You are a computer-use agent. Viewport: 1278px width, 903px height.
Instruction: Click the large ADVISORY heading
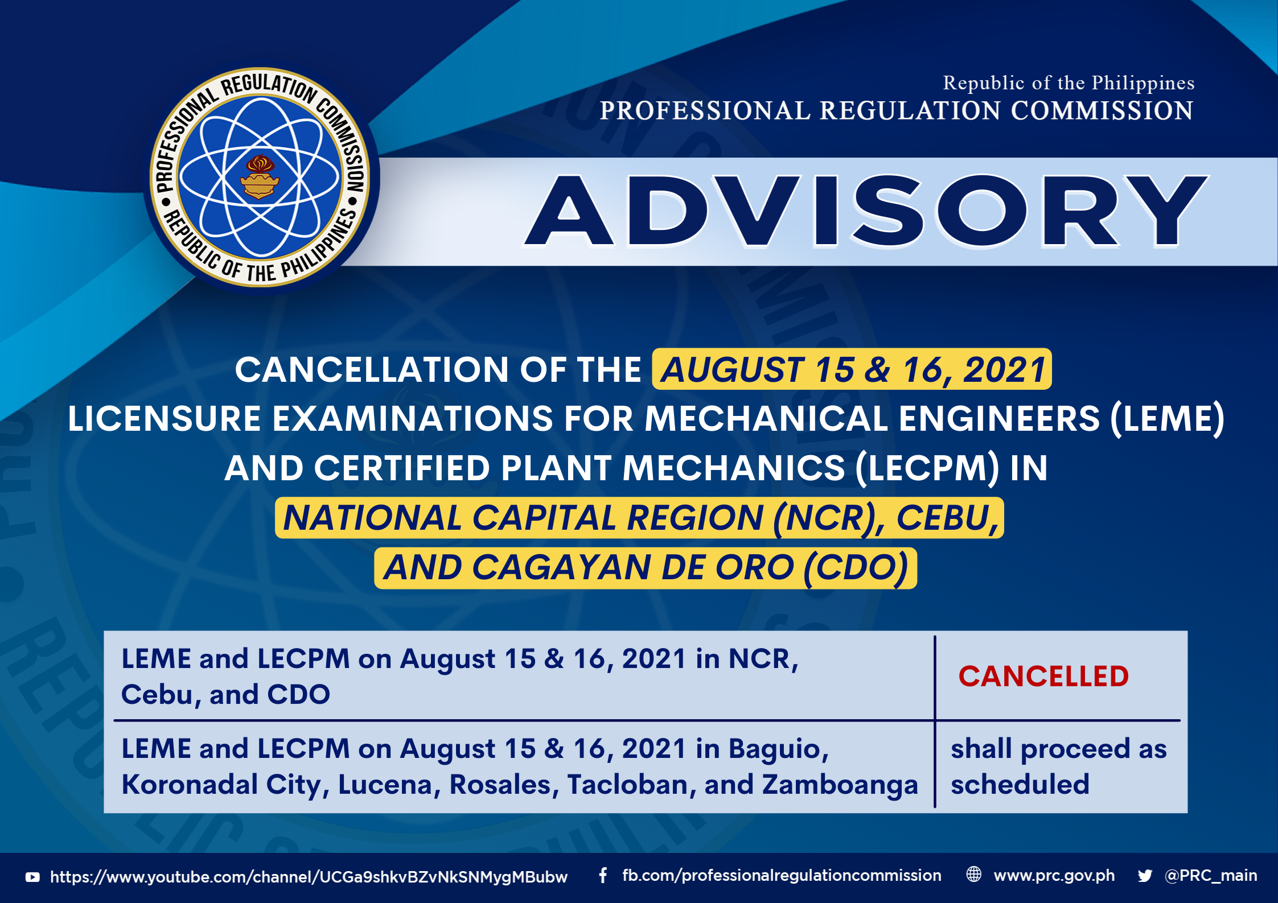point(865,211)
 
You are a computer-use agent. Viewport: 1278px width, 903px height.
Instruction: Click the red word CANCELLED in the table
point(1043,677)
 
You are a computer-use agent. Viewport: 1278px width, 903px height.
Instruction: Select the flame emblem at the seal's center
point(260,177)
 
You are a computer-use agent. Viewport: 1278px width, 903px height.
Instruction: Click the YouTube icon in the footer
point(32,877)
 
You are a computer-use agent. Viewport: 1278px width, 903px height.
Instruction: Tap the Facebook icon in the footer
point(603,875)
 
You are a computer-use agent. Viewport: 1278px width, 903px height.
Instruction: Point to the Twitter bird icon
point(1145,876)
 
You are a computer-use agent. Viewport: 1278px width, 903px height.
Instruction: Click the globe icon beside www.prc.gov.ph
point(974,875)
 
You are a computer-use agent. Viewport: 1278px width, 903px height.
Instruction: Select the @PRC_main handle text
point(1211,876)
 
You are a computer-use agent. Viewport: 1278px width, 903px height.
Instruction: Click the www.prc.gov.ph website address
point(1054,876)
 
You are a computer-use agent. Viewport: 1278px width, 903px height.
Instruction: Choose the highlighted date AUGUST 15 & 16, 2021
point(852,369)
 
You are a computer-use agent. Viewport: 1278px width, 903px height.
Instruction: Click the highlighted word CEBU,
point(948,518)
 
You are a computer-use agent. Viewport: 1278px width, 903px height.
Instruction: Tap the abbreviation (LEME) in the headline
point(1167,419)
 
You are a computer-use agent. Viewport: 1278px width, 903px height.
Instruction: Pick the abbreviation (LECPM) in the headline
point(927,468)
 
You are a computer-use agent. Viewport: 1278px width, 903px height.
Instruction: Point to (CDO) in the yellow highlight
point(856,568)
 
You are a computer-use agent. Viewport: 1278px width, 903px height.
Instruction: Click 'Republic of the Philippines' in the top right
point(1069,83)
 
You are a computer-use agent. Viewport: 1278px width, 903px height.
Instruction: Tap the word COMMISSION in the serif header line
point(1102,110)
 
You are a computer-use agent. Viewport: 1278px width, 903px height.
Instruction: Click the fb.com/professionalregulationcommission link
point(782,876)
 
